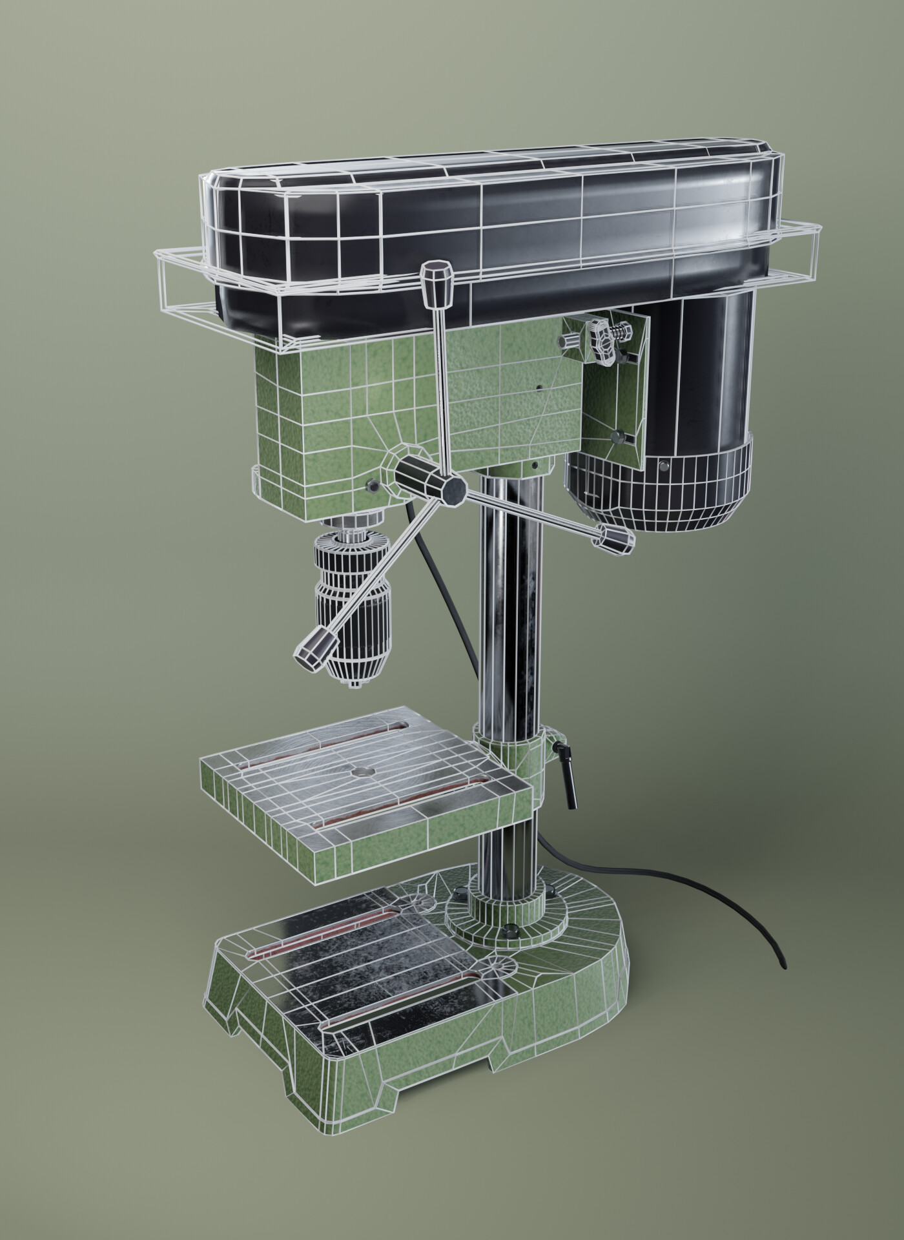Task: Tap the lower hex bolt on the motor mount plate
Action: (x=619, y=436)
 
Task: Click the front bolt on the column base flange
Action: (x=510, y=931)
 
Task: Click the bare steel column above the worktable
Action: (x=510, y=607)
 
